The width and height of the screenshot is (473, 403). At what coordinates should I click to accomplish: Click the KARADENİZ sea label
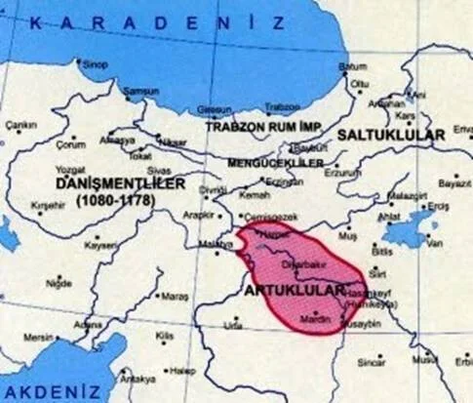(156, 21)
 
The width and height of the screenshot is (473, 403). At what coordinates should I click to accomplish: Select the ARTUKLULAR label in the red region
(292, 292)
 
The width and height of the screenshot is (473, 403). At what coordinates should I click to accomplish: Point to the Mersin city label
(39, 338)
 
